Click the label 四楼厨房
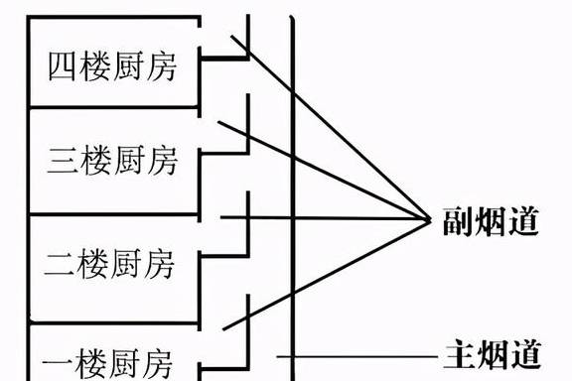click(x=111, y=67)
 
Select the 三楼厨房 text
click(x=111, y=159)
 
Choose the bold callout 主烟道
click(x=490, y=354)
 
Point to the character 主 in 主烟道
click(x=458, y=354)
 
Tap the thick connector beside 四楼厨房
click(x=222, y=60)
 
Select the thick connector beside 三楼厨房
click(x=222, y=152)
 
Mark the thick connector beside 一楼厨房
click(x=222, y=348)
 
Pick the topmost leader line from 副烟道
click(x=328, y=129)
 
